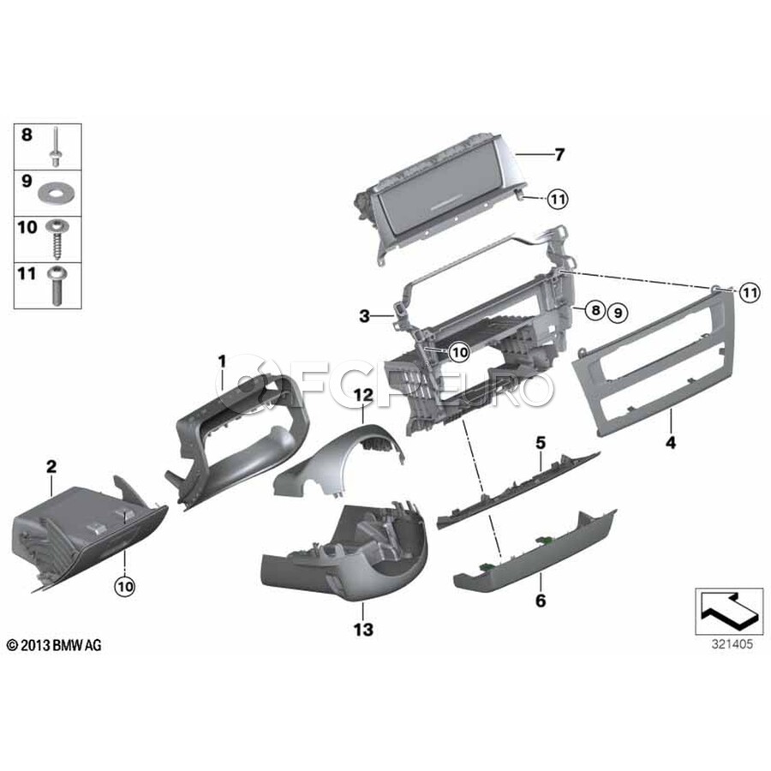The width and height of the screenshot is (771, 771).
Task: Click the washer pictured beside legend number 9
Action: [x=56, y=194]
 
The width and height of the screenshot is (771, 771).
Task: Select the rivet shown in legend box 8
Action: [x=55, y=146]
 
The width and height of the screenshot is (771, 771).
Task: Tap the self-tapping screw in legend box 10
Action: [x=57, y=239]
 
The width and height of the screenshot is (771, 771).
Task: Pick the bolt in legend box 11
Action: [x=56, y=285]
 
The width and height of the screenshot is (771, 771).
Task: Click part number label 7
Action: [x=559, y=155]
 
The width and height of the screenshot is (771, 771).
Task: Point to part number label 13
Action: [x=363, y=630]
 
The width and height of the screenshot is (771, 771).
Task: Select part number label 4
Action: [x=671, y=443]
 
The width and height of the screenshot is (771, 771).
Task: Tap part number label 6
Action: [x=541, y=601]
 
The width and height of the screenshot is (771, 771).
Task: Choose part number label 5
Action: [x=541, y=443]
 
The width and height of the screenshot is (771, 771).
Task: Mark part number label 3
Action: [x=364, y=316]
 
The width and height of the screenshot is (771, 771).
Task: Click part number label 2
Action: [x=51, y=467]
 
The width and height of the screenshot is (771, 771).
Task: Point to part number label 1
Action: [x=222, y=362]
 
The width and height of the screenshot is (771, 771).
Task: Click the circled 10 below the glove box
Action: [x=125, y=586]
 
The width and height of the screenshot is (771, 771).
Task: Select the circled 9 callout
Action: [x=618, y=312]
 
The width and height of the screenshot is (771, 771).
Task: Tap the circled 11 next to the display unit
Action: [x=557, y=200]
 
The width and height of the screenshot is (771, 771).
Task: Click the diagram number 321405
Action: [x=732, y=644]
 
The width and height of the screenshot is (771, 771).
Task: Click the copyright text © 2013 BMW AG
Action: [x=54, y=645]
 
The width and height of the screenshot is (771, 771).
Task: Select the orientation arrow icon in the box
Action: [x=729, y=611]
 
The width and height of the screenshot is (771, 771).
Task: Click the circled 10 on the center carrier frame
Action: [x=460, y=352]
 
